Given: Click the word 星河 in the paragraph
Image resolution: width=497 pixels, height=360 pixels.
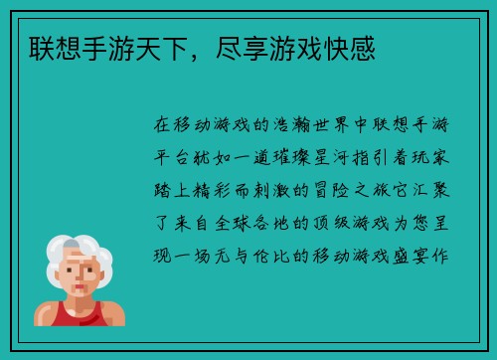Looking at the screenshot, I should (341, 158).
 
